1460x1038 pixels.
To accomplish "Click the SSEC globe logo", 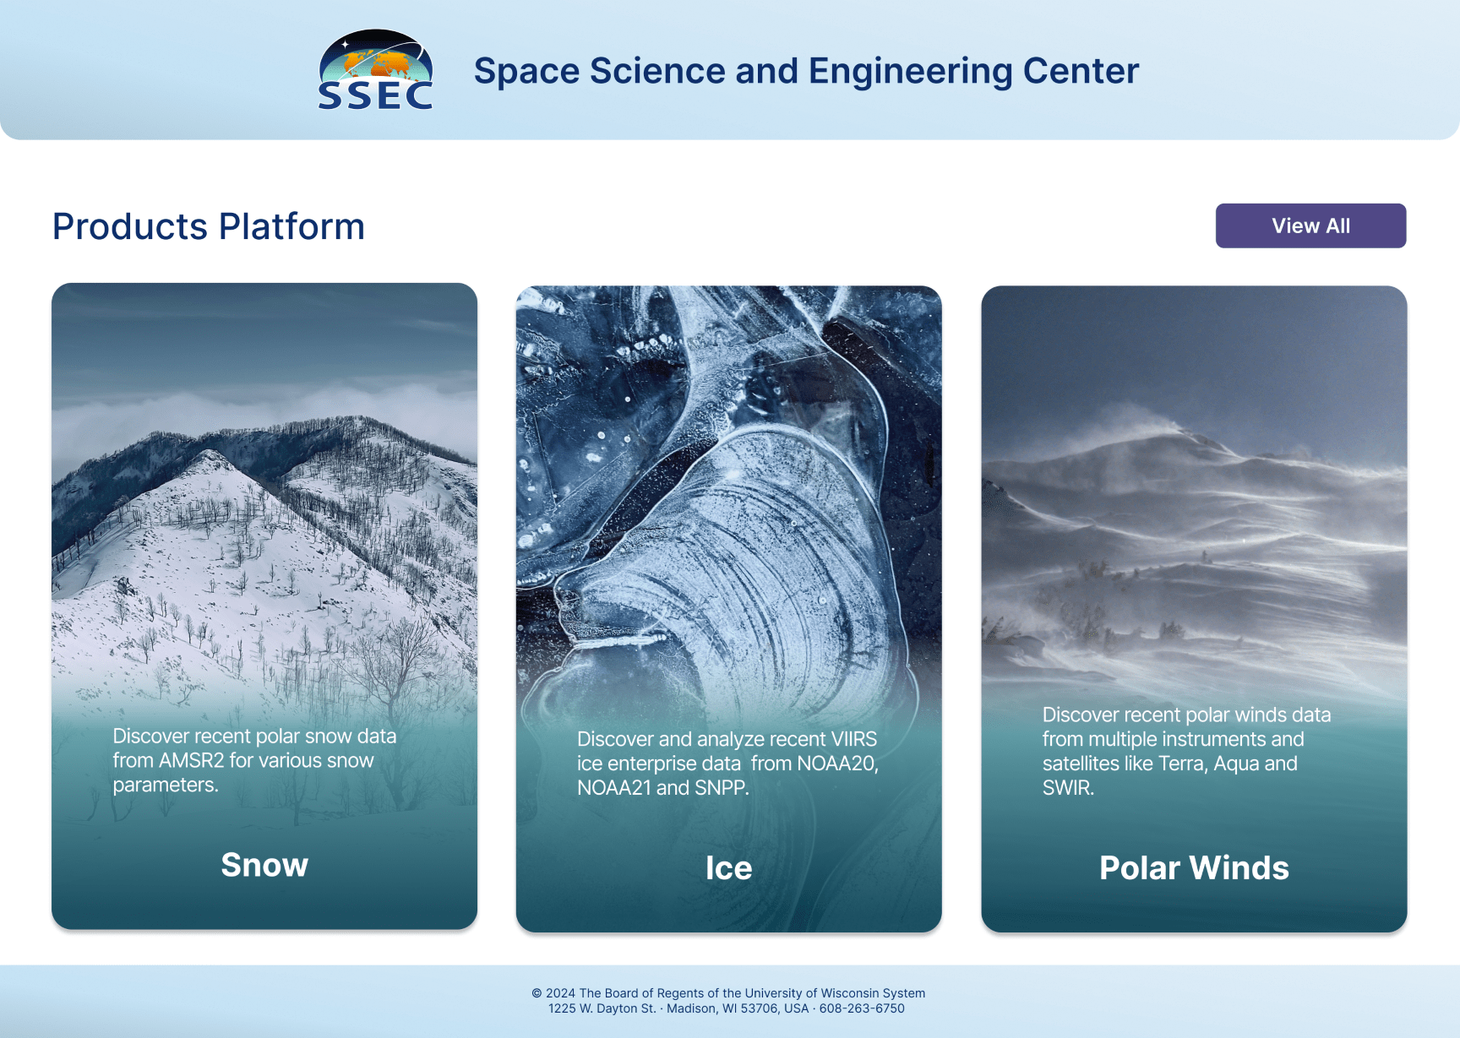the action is (376, 70).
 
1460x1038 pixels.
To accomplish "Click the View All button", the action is (1310, 226).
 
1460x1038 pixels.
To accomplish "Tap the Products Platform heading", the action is (209, 226).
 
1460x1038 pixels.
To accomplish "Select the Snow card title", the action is (264, 865).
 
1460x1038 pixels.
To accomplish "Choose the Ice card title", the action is (728, 868).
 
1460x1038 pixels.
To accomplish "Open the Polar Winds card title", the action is (1194, 868).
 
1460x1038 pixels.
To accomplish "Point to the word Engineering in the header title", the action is (911, 72).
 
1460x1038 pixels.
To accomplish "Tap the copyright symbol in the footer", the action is (537, 993).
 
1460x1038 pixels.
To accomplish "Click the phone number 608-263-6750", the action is (862, 1008).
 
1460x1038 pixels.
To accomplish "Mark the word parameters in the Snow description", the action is (166, 785).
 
